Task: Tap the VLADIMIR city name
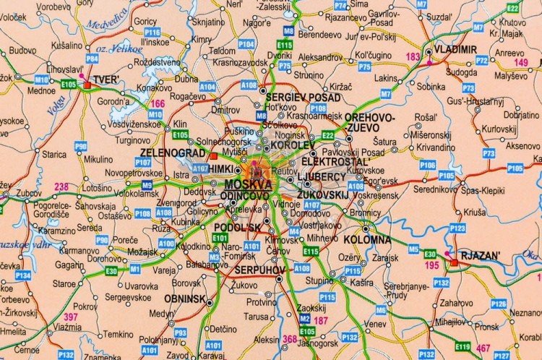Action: [454, 49]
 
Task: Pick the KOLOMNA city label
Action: [367, 239]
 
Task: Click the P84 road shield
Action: [92, 58]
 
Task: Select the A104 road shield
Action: [207, 87]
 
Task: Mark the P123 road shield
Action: [457, 228]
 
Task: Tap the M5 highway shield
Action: [413, 249]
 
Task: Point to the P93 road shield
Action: [181, 333]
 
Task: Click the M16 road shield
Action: [42, 79]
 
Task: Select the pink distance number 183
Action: [413, 56]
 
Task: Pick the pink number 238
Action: [61, 187]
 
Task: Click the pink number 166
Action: [158, 104]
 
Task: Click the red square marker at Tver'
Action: [87, 85]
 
